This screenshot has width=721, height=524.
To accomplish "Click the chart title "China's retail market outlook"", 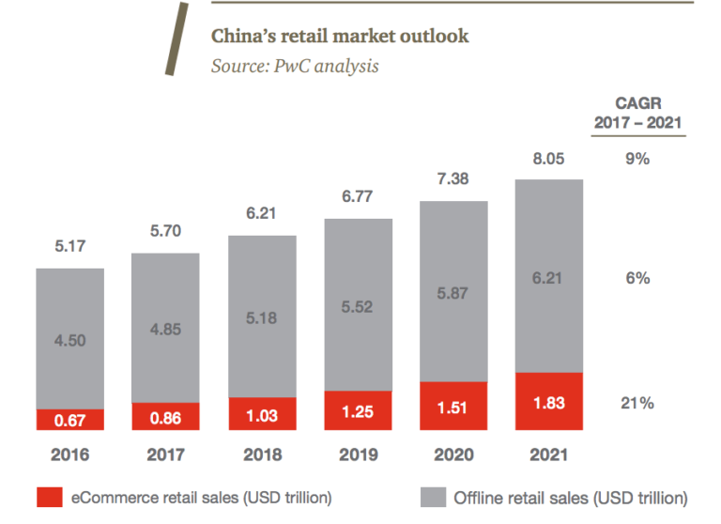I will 339,37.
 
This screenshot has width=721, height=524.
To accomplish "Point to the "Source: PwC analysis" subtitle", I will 295,67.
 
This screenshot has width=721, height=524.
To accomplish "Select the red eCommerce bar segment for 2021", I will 549,402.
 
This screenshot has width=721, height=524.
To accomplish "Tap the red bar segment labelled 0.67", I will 70,419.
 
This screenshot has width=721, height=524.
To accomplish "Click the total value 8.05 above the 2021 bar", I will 549,160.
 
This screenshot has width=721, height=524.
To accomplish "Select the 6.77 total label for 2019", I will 358,199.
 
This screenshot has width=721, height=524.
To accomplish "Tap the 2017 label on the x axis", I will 166,455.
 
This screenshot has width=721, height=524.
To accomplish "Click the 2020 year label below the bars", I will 453,455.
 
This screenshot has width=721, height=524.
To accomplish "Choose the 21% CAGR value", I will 637,403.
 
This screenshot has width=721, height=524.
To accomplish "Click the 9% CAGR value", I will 637,159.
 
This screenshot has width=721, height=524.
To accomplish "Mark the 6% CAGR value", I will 637,278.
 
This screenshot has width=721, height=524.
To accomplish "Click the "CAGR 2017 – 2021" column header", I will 637,113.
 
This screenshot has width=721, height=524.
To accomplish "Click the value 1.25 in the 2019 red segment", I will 358,410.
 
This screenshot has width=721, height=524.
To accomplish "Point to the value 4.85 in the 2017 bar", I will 166,329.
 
